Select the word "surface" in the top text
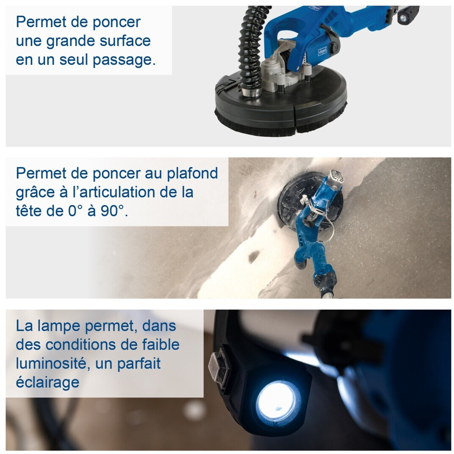click(x=125, y=41)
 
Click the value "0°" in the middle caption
click(x=75, y=211)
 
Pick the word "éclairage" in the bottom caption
click(x=47, y=383)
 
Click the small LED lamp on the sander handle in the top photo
click(x=403, y=18)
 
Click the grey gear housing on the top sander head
click(x=275, y=72)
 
